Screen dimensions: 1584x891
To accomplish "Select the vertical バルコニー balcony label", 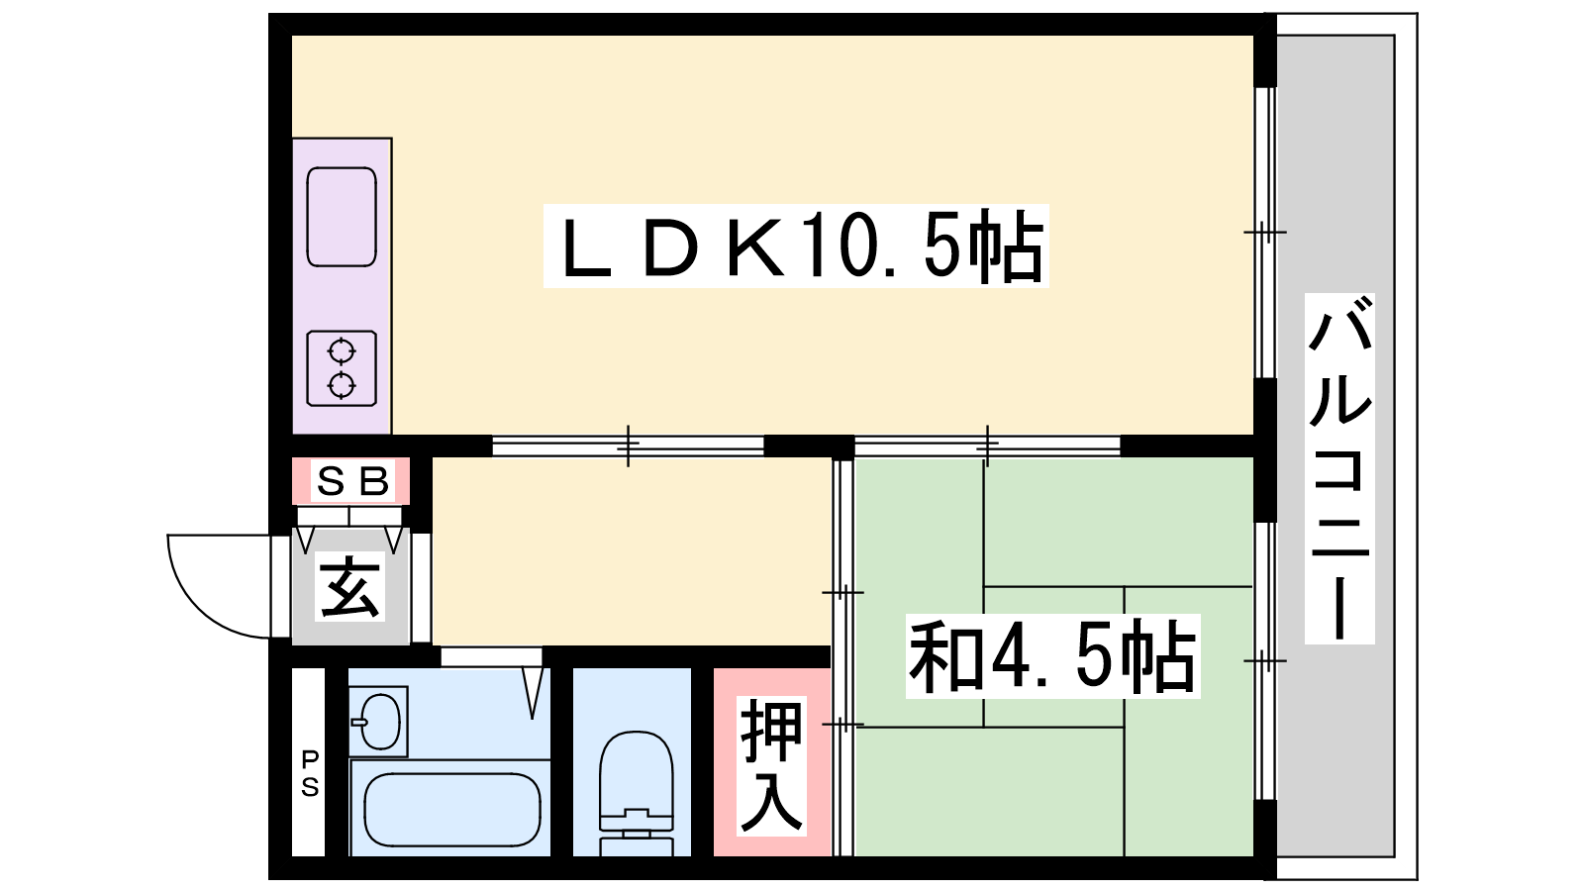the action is pyautogui.click(x=1340, y=468).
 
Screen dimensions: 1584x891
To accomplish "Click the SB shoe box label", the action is pyautogui.click(x=352, y=481).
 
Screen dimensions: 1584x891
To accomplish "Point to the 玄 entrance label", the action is pyautogui.click(x=350, y=586).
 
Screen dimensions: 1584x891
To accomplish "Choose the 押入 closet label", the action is pyautogui.click(x=771, y=765).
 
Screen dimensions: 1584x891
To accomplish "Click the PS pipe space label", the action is pyautogui.click(x=310, y=773).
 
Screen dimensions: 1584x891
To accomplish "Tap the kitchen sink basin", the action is pyautogui.click(x=342, y=217).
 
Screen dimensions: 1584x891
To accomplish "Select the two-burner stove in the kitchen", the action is pyautogui.click(x=342, y=368).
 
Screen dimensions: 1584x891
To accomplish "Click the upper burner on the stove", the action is pyautogui.click(x=342, y=350).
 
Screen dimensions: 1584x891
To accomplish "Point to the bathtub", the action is pyautogui.click(x=452, y=810).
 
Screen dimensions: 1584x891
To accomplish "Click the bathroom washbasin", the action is pyautogui.click(x=379, y=722).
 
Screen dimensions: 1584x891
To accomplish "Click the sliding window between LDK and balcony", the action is pyautogui.click(x=1265, y=233).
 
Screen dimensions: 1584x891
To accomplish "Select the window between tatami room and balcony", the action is pyautogui.click(x=1265, y=661).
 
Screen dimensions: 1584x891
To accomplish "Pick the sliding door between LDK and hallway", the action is pyautogui.click(x=628, y=446).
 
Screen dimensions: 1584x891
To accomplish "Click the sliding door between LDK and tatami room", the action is pyautogui.click(x=987, y=446).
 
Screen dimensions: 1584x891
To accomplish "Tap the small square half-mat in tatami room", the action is pyautogui.click(x=1053, y=656).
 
